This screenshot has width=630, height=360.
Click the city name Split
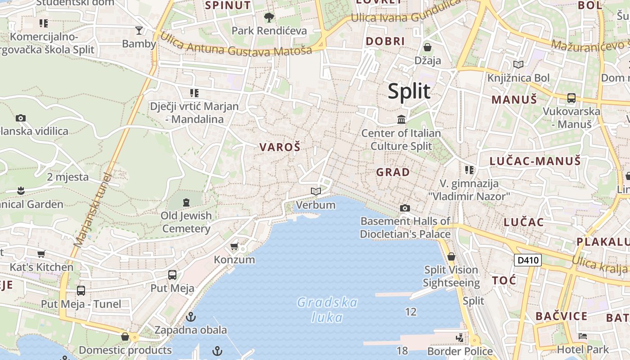click(x=409, y=91)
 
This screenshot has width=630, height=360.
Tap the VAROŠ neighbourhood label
click(x=279, y=147)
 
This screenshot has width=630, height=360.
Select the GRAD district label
click(x=393, y=172)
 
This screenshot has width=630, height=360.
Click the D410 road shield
click(x=527, y=260)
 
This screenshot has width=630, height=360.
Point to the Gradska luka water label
click(x=327, y=310)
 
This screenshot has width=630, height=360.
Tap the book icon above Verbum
click(x=316, y=192)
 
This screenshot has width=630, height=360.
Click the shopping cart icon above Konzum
click(x=234, y=246)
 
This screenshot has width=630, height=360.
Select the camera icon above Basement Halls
click(x=405, y=208)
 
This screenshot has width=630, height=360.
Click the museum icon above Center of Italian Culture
click(x=401, y=119)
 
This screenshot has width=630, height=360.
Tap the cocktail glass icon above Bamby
click(x=139, y=30)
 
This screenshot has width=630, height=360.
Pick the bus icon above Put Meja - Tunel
click(x=81, y=291)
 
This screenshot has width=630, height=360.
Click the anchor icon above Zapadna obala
click(x=191, y=316)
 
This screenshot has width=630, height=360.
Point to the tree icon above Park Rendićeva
click(x=269, y=18)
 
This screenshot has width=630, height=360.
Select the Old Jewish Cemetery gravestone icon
click(x=186, y=202)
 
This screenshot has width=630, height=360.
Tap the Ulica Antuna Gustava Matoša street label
click(x=236, y=45)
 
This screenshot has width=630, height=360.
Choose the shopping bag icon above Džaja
click(x=427, y=47)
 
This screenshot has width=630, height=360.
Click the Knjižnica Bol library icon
click(x=518, y=65)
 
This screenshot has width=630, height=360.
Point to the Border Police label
click(x=460, y=351)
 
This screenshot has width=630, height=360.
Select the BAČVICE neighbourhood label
click(x=561, y=316)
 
